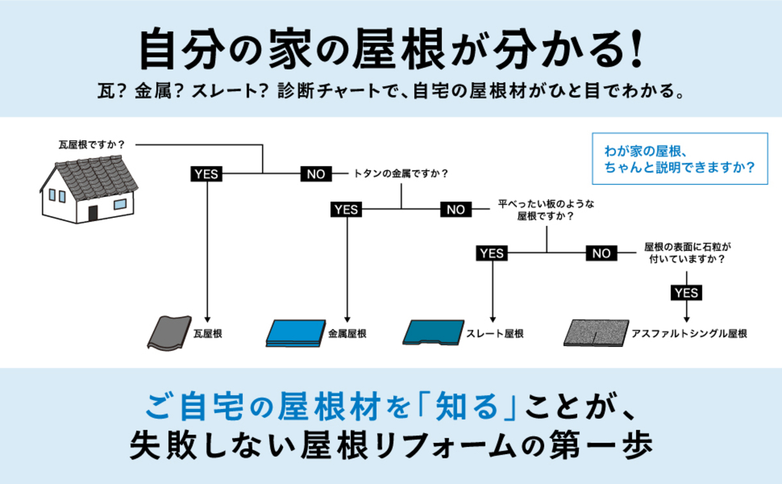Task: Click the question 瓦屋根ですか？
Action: click(x=91, y=144)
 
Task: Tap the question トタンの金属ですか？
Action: click(x=401, y=174)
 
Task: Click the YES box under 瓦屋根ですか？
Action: click(x=206, y=174)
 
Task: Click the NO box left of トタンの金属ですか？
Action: click(x=316, y=174)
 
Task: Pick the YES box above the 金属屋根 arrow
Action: click(x=346, y=209)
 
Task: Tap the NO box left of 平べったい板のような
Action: click(x=456, y=209)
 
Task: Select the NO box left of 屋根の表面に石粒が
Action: click(x=601, y=252)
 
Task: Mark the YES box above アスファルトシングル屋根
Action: click(x=687, y=293)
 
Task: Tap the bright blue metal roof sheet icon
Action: click(x=297, y=333)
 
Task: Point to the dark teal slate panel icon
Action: click(x=433, y=332)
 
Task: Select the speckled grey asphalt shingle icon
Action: click(x=596, y=333)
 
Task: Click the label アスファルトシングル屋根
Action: click(x=689, y=333)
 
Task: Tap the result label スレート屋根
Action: click(x=495, y=333)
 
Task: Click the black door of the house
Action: click(x=93, y=213)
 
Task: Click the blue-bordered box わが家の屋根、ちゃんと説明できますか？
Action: click(x=680, y=159)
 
